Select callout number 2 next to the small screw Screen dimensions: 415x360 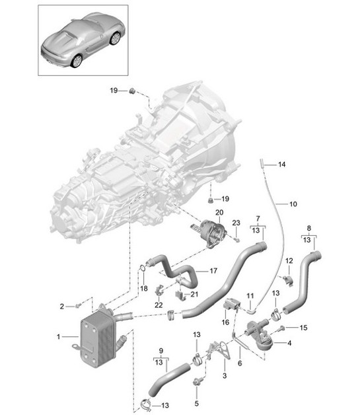point(62,306)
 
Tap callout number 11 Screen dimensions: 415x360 point(250,294)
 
